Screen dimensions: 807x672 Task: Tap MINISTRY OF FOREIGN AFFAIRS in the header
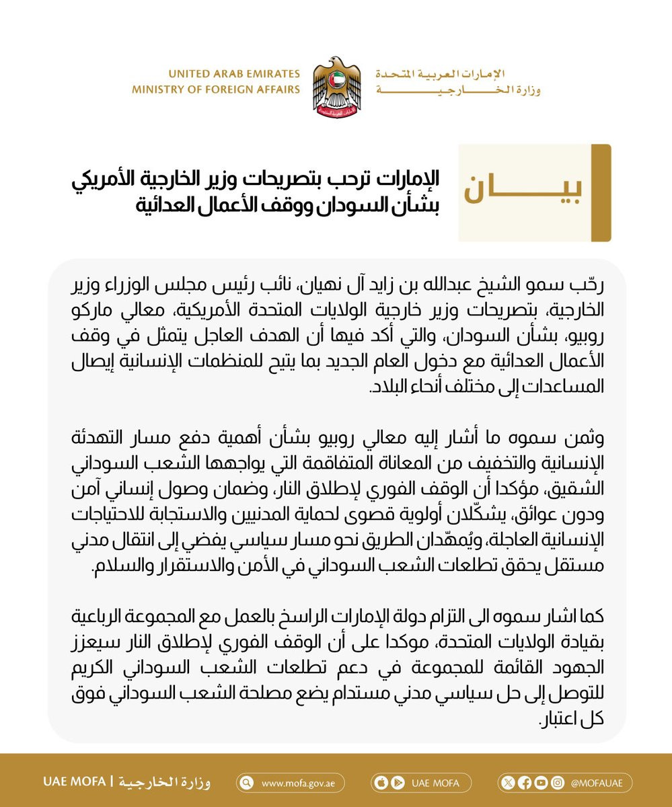click(216, 89)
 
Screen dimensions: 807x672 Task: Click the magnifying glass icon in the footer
click(247, 782)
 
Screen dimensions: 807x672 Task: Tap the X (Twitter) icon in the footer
click(507, 782)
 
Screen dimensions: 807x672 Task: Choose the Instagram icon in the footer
click(556, 782)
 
